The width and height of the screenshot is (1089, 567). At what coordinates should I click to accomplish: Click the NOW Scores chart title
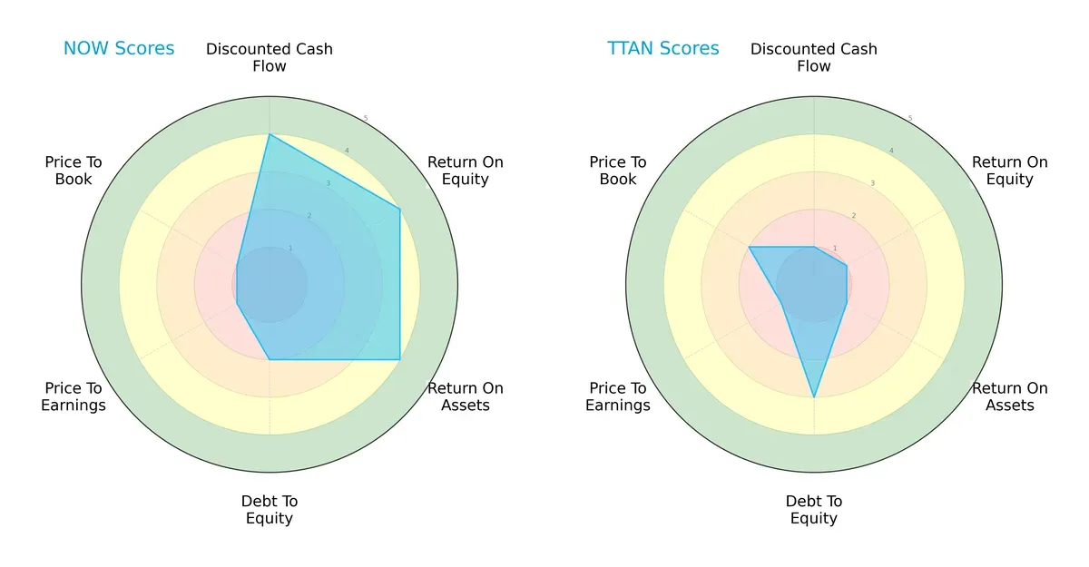[118, 48]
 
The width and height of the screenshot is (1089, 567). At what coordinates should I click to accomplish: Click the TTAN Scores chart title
[662, 48]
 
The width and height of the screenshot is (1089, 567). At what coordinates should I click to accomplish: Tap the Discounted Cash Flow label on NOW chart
[270, 57]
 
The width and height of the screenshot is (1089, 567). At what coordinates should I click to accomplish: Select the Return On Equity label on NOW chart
[466, 171]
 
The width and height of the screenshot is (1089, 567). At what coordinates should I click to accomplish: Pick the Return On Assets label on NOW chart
[466, 396]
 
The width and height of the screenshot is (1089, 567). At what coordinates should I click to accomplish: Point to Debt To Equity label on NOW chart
[270, 510]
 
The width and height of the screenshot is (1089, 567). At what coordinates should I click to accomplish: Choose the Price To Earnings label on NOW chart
[74, 396]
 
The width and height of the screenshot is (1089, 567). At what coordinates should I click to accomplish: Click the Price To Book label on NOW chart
[74, 171]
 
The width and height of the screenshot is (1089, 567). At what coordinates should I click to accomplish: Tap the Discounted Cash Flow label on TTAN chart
[814, 57]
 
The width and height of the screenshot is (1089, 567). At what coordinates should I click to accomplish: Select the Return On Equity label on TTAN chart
[1010, 171]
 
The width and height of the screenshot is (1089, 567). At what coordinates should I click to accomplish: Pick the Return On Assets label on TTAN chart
[1010, 396]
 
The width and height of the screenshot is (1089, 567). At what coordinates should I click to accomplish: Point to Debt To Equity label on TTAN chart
[814, 510]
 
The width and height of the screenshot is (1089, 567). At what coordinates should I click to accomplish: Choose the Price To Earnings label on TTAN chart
[618, 396]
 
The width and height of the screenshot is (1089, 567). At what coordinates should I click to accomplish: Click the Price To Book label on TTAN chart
[618, 171]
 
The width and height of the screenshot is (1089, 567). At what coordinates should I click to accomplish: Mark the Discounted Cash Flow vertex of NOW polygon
[270, 135]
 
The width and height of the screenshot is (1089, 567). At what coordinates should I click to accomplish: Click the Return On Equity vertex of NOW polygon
[400, 210]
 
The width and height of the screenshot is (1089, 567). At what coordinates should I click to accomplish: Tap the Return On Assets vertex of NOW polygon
[400, 360]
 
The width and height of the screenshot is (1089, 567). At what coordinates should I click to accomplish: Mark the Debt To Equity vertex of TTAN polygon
[814, 397]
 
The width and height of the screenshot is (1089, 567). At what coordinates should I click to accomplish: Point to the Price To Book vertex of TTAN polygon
[749, 247]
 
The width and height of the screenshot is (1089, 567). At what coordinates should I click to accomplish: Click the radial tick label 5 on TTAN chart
[910, 118]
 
